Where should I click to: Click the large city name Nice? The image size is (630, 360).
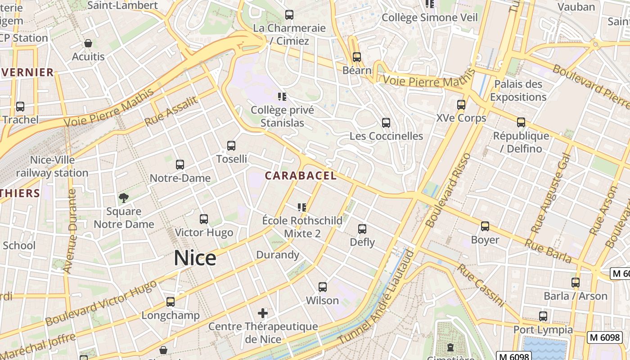[x=195, y=258]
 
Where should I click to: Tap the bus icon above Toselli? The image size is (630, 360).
[x=231, y=146]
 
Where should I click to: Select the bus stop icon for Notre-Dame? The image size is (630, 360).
[x=180, y=165]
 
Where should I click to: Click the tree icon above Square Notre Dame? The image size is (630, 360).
[x=124, y=198]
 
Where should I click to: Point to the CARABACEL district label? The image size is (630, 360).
[x=301, y=176]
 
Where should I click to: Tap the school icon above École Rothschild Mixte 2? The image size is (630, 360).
[x=302, y=207]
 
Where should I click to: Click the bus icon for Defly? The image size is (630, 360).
[x=362, y=229]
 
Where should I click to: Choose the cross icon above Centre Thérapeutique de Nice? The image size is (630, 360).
[x=263, y=313]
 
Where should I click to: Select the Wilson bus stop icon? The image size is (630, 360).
[x=323, y=287]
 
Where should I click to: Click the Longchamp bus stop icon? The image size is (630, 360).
[x=171, y=302]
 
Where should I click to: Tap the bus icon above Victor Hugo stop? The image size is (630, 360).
[x=204, y=219]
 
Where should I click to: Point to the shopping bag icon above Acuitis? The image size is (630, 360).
[x=88, y=44]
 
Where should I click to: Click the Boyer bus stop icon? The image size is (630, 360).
[x=485, y=226]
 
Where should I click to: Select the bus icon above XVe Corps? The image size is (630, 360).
[x=461, y=105]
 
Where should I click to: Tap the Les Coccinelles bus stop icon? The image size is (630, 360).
[x=386, y=123]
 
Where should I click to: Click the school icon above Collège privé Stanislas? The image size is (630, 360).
[x=282, y=97]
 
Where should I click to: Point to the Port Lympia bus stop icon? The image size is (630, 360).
[x=543, y=316]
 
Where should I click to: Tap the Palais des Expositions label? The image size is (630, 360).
[x=518, y=90]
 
